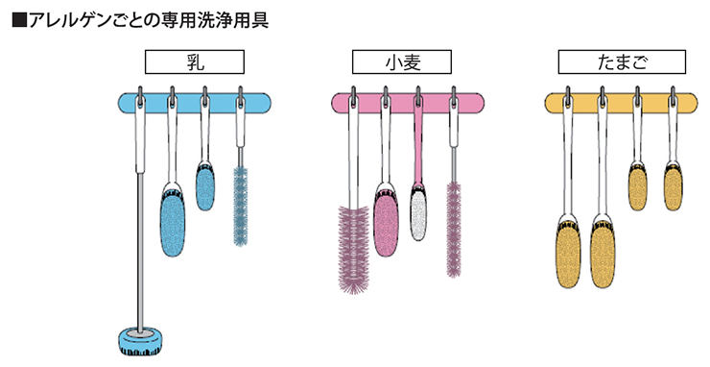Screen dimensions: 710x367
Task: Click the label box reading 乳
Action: tap(195, 62)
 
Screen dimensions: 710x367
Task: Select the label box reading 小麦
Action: tap(402, 62)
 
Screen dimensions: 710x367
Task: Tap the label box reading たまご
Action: tap(622, 62)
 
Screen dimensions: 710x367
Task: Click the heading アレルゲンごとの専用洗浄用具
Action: tap(148, 21)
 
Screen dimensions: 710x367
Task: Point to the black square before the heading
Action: tap(19, 21)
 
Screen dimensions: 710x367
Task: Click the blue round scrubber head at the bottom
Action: tap(141, 341)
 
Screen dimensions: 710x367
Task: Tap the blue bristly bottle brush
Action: tap(241, 206)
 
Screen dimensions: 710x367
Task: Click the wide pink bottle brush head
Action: tap(354, 250)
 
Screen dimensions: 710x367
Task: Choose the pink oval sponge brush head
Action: tap(386, 220)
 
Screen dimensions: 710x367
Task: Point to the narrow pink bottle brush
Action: tap(454, 229)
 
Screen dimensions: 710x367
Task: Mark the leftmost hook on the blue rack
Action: tap(140, 97)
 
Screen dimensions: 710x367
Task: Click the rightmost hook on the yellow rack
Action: tap(673, 97)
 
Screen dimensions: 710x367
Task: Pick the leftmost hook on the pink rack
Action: tap(354, 97)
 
